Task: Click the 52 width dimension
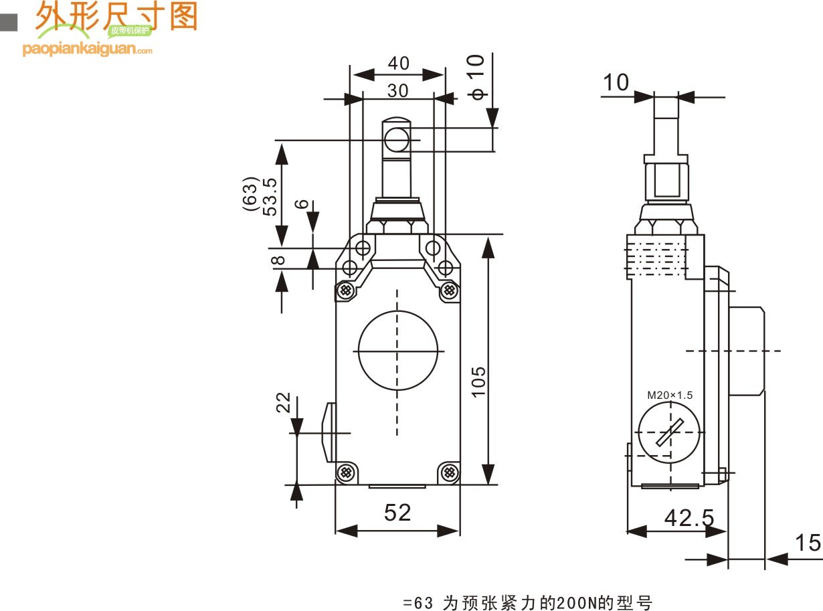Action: (397, 513)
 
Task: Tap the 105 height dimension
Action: (478, 381)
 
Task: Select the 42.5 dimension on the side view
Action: (689, 518)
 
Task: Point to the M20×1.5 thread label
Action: (670, 395)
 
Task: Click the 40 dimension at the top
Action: (398, 63)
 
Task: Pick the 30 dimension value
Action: (397, 90)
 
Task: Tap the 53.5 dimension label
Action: (270, 197)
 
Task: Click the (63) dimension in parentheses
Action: (250, 194)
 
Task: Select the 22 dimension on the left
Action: (284, 403)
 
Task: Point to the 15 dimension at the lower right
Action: (808, 543)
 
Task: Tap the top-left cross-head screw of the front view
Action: (346, 290)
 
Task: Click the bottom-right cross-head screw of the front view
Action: (449, 472)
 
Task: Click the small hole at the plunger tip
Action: (397, 140)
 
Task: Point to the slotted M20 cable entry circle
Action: (668, 432)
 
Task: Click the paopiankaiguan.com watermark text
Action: (87, 49)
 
